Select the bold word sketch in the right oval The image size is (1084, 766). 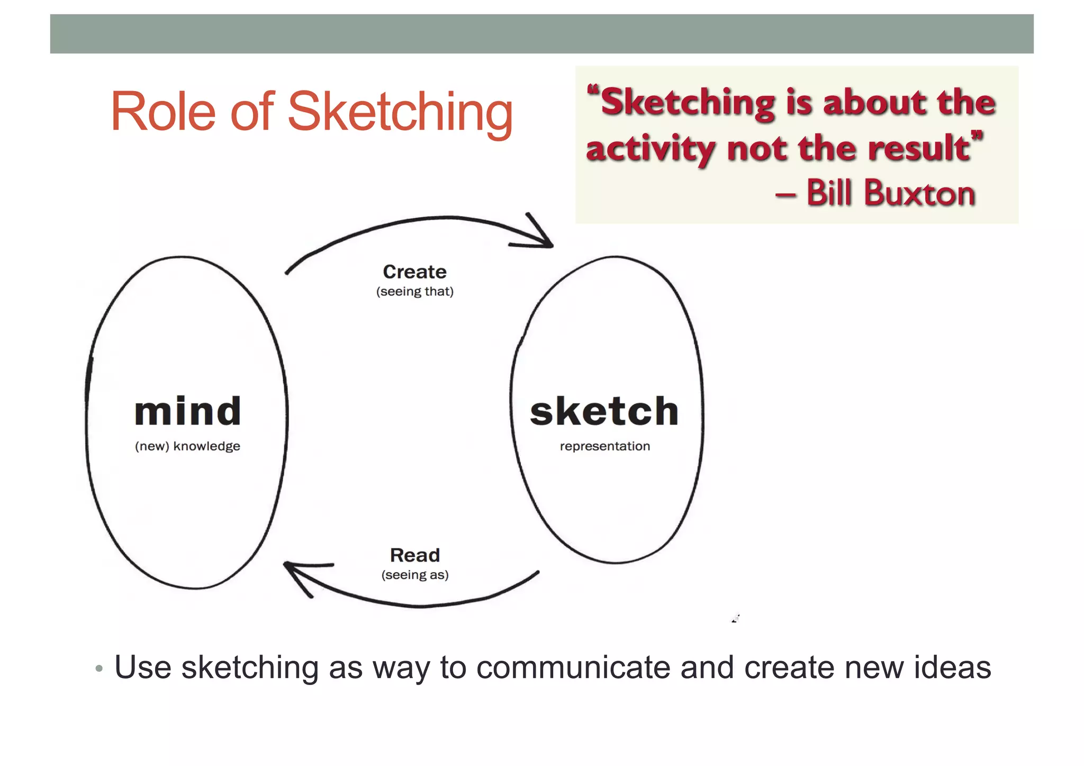tap(604, 411)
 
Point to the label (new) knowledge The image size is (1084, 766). tap(187, 446)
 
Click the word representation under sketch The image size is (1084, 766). tap(604, 446)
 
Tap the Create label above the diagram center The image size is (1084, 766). tap(414, 272)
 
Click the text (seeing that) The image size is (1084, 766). tap(414, 292)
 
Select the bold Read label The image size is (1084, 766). tap(415, 555)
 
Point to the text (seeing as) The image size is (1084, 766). tap(415, 575)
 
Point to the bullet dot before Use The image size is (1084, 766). tap(99, 669)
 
